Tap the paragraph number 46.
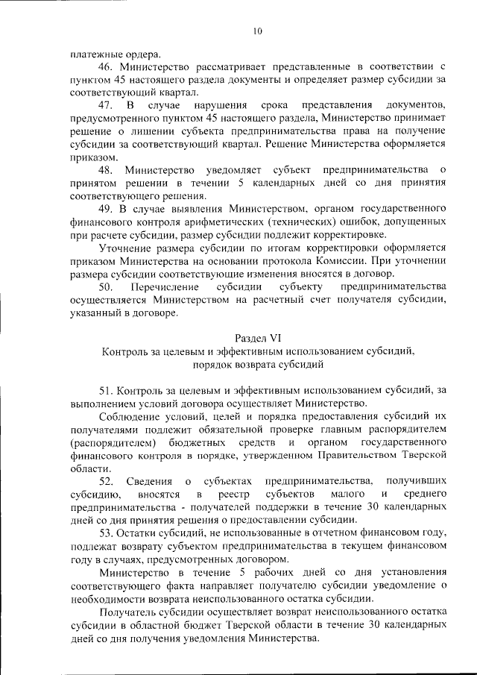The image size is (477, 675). (105, 67)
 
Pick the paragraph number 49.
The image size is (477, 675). (105, 209)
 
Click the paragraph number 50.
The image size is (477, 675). (105, 286)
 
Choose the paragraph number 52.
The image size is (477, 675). (105, 481)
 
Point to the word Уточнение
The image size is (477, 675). (123, 248)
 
